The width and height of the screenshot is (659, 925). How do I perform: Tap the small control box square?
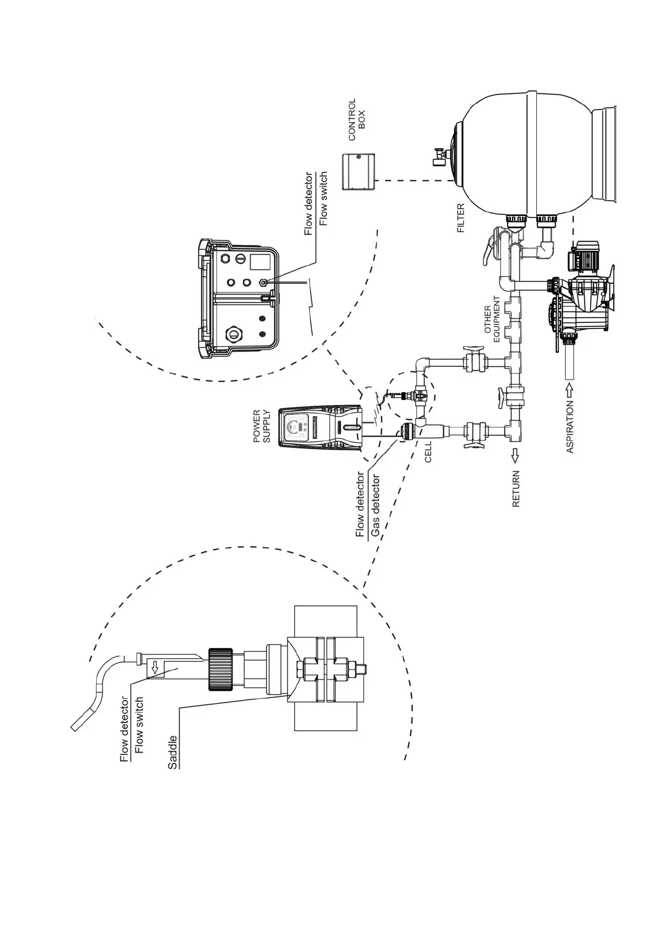(x=359, y=171)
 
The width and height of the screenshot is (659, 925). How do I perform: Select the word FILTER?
(x=461, y=218)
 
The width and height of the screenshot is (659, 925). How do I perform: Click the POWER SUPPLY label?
(x=262, y=426)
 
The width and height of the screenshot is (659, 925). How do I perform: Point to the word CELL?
(x=428, y=453)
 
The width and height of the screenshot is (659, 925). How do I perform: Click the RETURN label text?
(x=516, y=489)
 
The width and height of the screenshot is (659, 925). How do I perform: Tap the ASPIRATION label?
(x=570, y=426)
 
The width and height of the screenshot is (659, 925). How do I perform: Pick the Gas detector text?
(x=375, y=506)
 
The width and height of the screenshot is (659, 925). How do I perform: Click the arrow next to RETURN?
(x=515, y=456)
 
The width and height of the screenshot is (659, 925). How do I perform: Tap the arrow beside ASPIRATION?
(x=570, y=389)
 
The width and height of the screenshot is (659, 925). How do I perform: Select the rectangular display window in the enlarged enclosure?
(x=261, y=262)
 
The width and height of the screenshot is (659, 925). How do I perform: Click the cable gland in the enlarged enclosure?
(x=234, y=333)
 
